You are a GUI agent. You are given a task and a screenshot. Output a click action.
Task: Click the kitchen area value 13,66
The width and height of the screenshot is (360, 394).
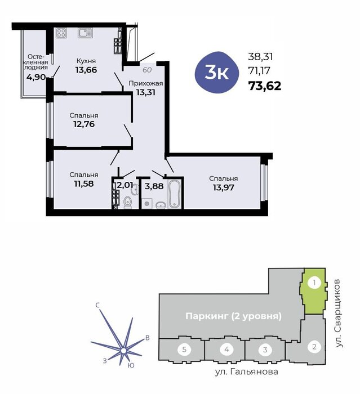[x=86, y=70]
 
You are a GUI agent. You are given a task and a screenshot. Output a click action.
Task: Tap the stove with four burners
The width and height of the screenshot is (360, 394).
[x=61, y=33]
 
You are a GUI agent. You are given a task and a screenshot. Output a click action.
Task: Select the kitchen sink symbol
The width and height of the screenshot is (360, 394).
[x=85, y=33]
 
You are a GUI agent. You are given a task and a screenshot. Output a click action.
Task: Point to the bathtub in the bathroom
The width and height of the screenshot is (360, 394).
[x=175, y=194]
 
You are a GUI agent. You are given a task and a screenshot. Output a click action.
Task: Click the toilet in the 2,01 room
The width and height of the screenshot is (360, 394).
[x=128, y=202]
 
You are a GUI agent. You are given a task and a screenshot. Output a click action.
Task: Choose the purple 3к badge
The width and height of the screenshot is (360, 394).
[x=216, y=73]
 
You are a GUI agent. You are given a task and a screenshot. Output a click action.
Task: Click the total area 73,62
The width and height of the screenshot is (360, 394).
[x=265, y=86]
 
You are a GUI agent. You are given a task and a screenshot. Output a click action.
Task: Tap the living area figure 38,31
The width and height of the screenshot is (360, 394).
[x=260, y=57]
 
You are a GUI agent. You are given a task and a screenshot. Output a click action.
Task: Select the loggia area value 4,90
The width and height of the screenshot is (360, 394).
[x=36, y=77]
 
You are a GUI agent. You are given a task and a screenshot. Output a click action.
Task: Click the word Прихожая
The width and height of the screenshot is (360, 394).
[x=146, y=83]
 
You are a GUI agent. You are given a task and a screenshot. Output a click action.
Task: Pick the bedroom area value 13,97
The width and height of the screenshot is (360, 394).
[x=224, y=187]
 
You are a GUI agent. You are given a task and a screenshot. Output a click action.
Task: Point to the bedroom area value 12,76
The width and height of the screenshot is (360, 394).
[x=84, y=124]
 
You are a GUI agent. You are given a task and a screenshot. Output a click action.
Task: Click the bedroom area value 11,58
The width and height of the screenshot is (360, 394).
[x=84, y=183]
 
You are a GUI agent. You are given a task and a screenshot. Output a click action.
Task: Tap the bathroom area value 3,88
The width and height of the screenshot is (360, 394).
[x=154, y=186]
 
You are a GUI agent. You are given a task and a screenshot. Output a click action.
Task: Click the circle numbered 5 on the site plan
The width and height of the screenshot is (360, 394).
[x=184, y=350]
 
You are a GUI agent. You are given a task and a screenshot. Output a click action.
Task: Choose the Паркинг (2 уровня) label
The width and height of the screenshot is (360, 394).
[x=233, y=316]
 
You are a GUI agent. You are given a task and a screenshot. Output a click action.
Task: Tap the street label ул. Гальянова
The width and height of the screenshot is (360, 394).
[x=247, y=371]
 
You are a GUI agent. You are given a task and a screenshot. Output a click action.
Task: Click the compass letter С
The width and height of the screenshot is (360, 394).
[x=98, y=305]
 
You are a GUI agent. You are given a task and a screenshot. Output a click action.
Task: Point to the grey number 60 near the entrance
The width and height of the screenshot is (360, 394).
[x=147, y=70]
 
